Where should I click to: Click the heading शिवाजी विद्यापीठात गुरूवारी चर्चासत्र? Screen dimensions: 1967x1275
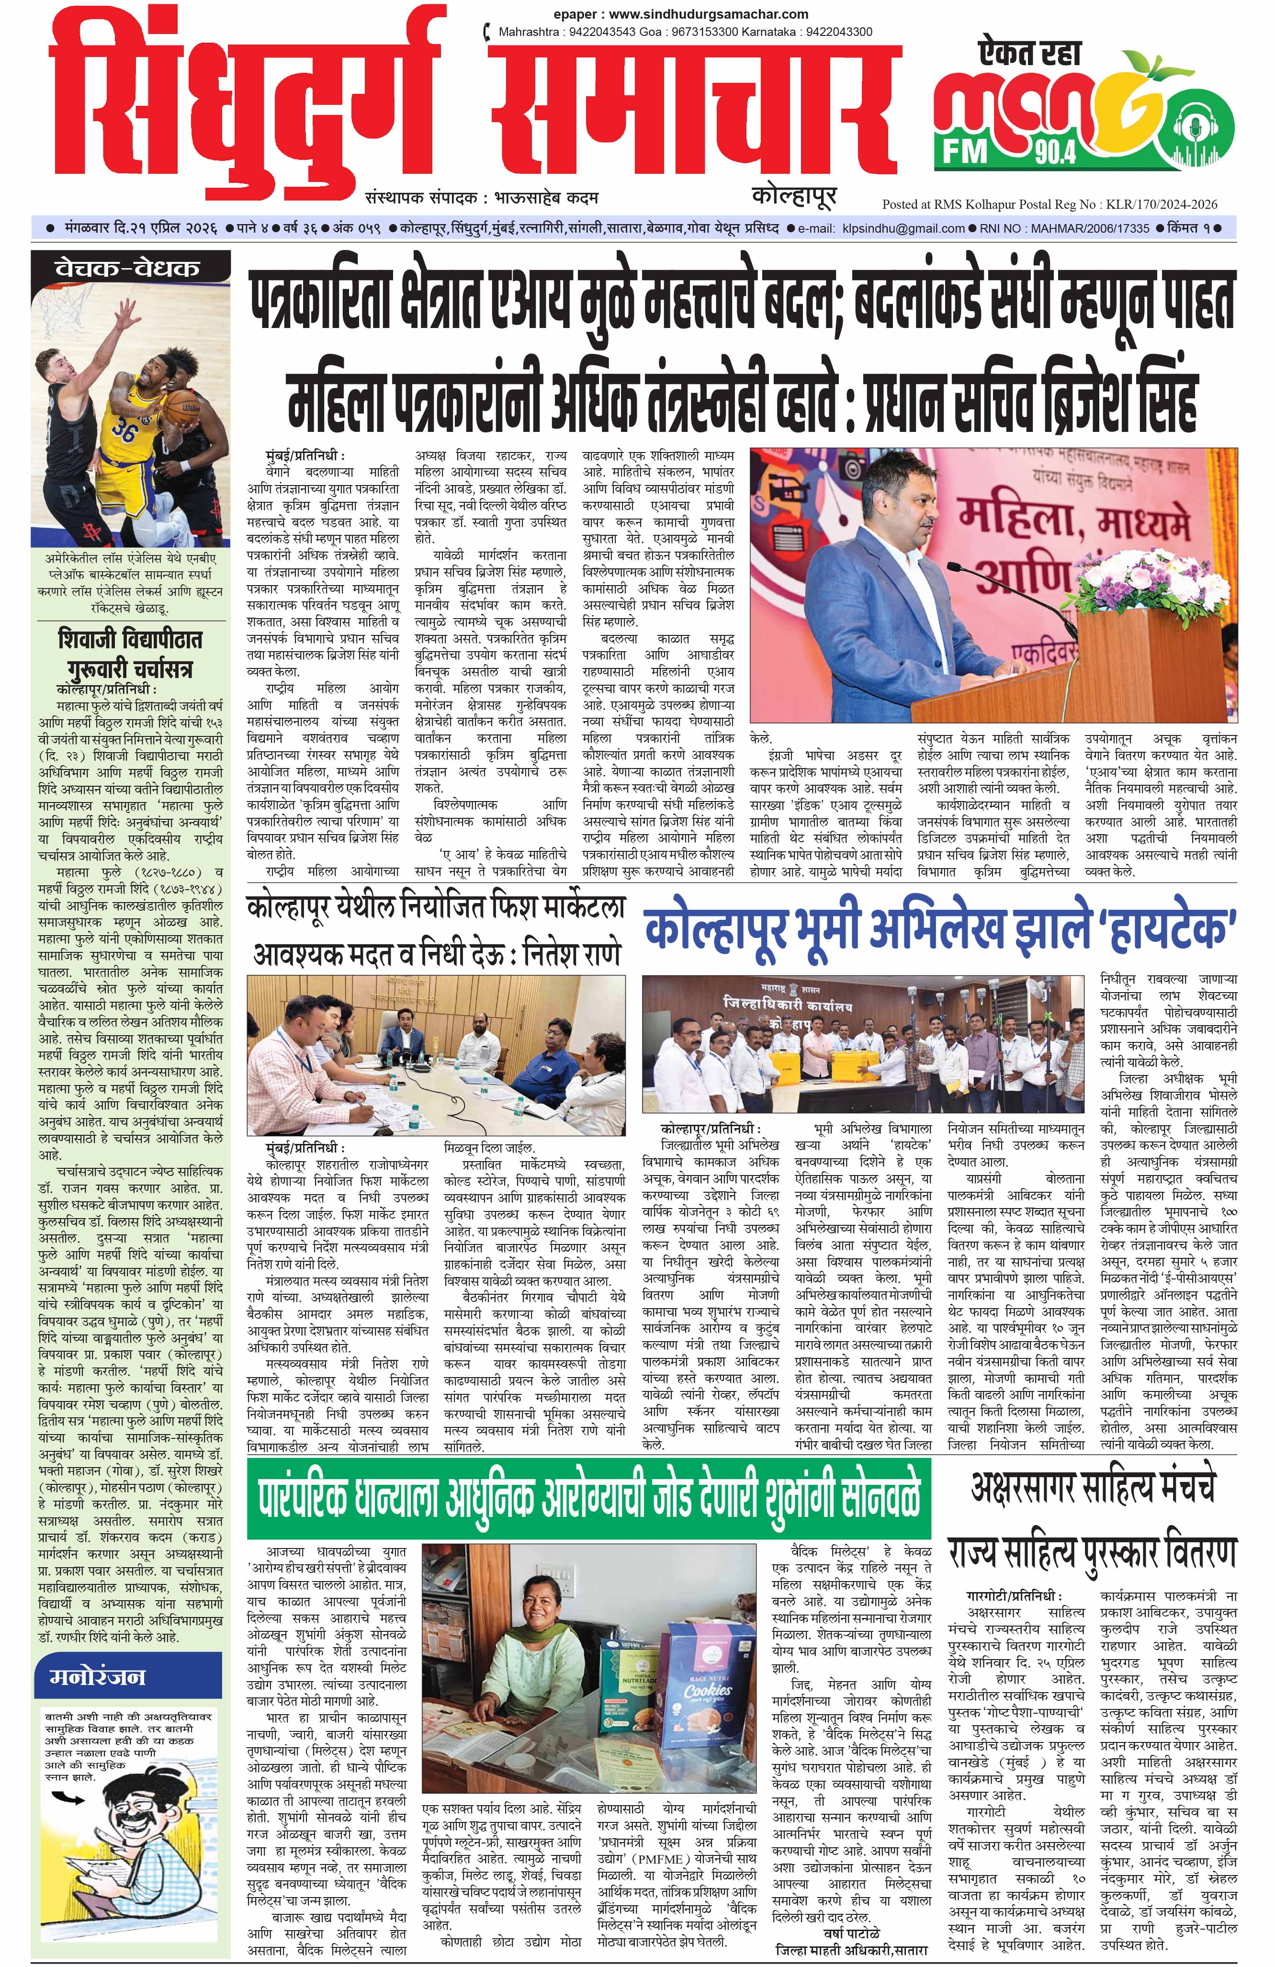[130, 653]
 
